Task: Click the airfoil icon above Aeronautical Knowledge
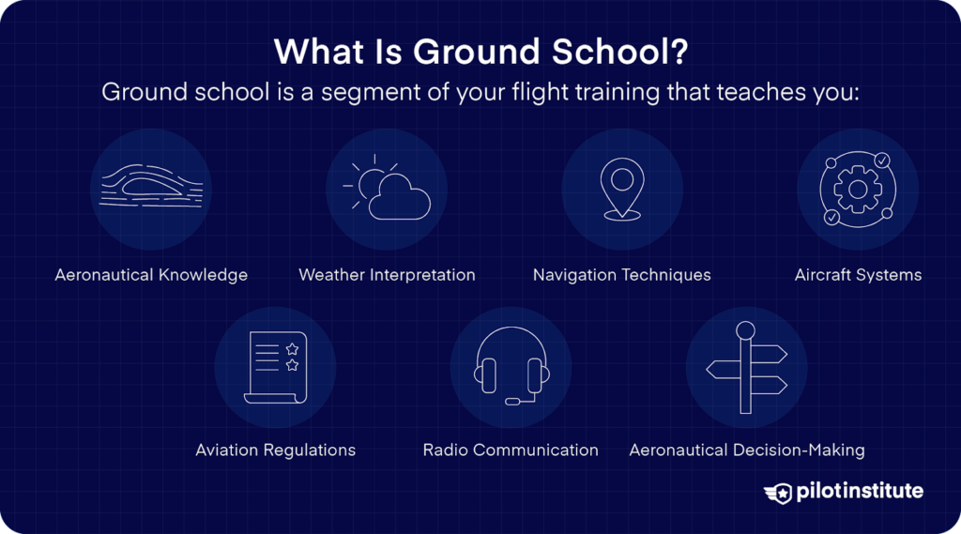pyautogui.click(x=151, y=188)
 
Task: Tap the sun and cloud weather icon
pyautogui.click(x=387, y=189)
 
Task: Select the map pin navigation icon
pyautogui.click(x=621, y=188)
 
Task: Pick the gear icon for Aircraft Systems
pyautogui.click(x=857, y=189)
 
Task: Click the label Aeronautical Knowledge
pyautogui.click(x=151, y=275)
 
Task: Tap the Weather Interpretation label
pyautogui.click(x=387, y=275)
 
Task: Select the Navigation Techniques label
pyautogui.click(x=621, y=275)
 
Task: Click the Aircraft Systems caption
pyautogui.click(x=858, y=275)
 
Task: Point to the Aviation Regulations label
pyautogui.click(x=275, y=450)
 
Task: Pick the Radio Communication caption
pyautogui.click(x=511, y=450)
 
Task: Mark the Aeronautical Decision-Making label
pyautogui.click(x=746, y=450)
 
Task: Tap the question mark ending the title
pyautogui.click(x=677, y=53)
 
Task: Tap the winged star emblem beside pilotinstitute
pyautogui.click(x=779, y=492)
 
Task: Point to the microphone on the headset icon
pyautogui.click(x=512, y=401)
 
